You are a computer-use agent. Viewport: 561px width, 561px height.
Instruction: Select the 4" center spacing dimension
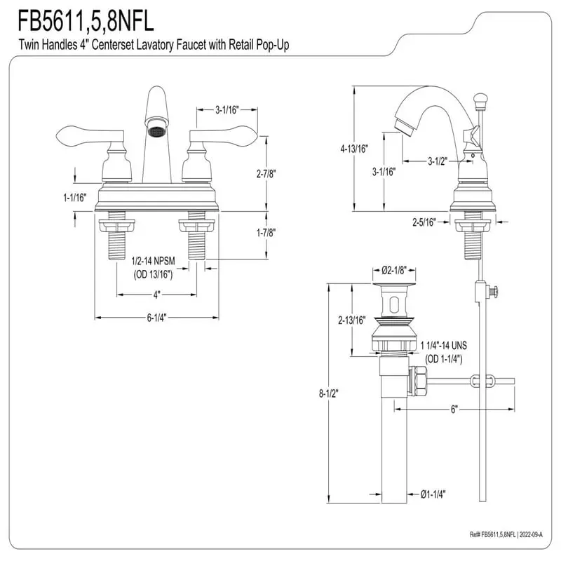click(x=156, y=294)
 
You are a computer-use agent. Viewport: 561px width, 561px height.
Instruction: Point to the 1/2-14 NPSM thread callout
click(x=153, y=260)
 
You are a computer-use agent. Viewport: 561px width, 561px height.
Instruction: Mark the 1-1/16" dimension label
click(x=74, y=198)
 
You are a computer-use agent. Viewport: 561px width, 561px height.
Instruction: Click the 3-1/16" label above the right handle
click(x=227, y=109)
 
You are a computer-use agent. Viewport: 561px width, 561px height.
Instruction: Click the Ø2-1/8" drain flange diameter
click(x=395, y=270)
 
